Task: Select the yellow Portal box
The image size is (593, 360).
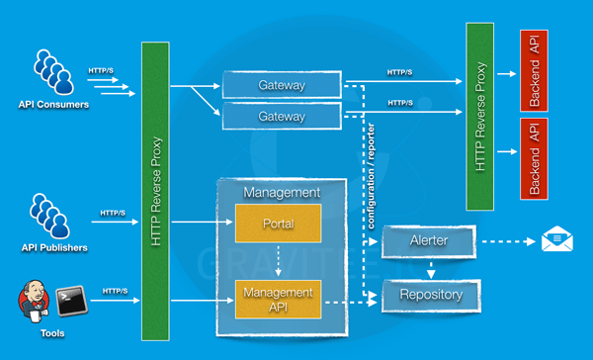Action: pos(278,224)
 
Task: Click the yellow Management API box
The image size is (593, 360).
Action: pos(278,298)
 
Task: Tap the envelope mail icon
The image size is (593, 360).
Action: pos(556,238)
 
